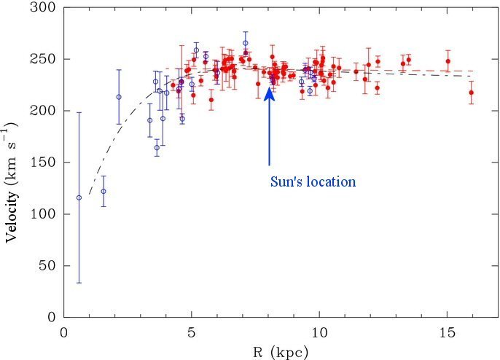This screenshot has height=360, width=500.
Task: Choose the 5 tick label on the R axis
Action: point(191,332)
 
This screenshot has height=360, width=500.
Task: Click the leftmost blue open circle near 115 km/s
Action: point(79,197)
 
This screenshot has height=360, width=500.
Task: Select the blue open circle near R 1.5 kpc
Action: point(103,191)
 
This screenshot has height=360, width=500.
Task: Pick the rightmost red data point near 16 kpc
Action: point(471,93)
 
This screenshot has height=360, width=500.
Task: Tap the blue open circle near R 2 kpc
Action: point(118,97)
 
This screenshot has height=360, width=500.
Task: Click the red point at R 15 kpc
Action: point(448,61)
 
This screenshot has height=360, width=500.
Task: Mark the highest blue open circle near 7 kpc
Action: point(246,43)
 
